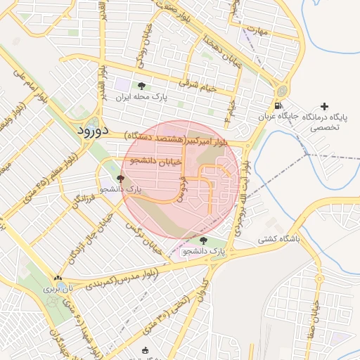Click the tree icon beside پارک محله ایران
point(142,86)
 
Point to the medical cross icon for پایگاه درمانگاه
point(323,106)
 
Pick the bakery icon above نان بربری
point(58,278)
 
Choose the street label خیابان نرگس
point(143,236)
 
